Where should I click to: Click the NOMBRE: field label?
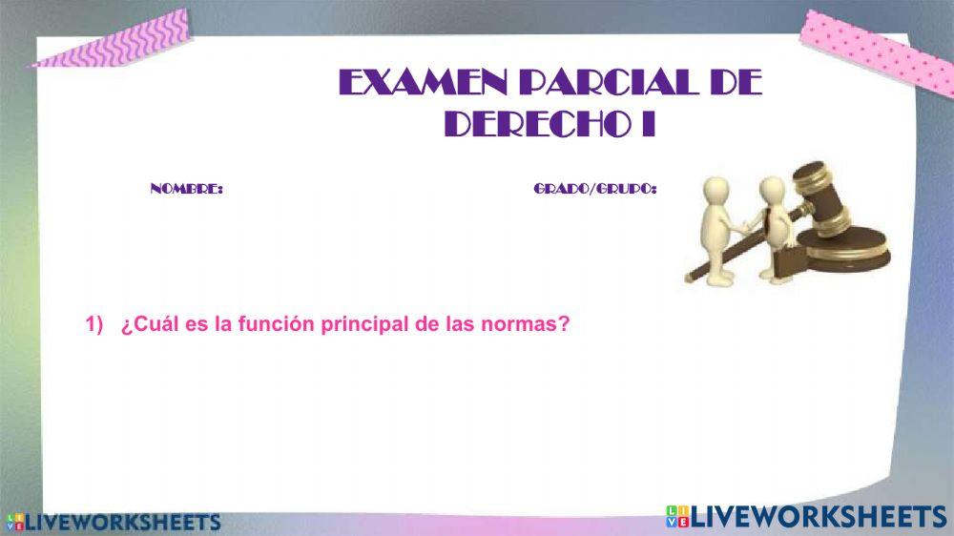[187, 190]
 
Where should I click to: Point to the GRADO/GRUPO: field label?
[594, 190]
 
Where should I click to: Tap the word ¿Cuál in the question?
[146, 324]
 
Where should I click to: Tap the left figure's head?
[712, 189]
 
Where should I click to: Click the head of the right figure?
[773, 188]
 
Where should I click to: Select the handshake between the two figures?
[743, 226]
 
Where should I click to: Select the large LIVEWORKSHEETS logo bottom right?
[806, 517]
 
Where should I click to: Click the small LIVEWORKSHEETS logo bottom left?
[114, 523]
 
